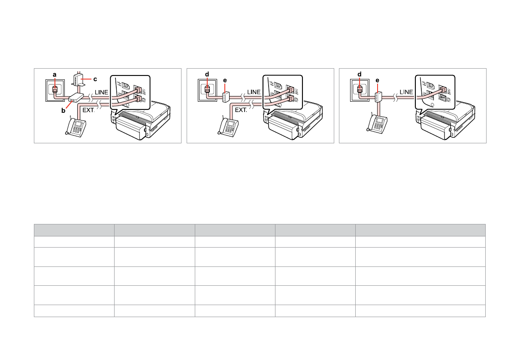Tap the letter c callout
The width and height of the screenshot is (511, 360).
[x=95, y=79]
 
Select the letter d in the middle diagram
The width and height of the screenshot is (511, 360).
[x=207, y=74]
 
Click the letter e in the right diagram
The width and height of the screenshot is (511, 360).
[x=378, y=80]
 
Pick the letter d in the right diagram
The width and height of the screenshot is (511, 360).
[x=359, y=74]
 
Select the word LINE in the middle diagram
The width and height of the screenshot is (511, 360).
[x=254, y=92]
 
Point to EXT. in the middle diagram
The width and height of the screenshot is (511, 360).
[x=241, y=110]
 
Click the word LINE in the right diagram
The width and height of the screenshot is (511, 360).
[x=406, y=92]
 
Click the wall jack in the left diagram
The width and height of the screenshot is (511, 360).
[x=54, y=91]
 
